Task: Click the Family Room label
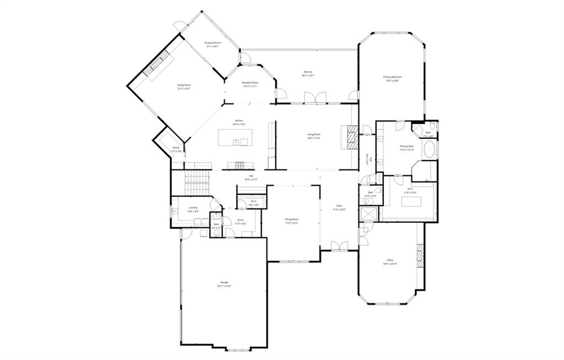click(183, 85)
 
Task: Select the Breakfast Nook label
click(250, 83)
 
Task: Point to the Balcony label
click(308, 72)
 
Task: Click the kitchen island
click(236, 137)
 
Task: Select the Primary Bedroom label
click(392, 77)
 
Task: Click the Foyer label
click(340, 206)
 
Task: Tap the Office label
click(390, 260)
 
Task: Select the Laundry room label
click(193, 208)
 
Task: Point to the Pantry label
click(176, 148)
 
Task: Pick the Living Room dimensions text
click(314, 138)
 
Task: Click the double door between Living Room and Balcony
click(315, 97)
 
